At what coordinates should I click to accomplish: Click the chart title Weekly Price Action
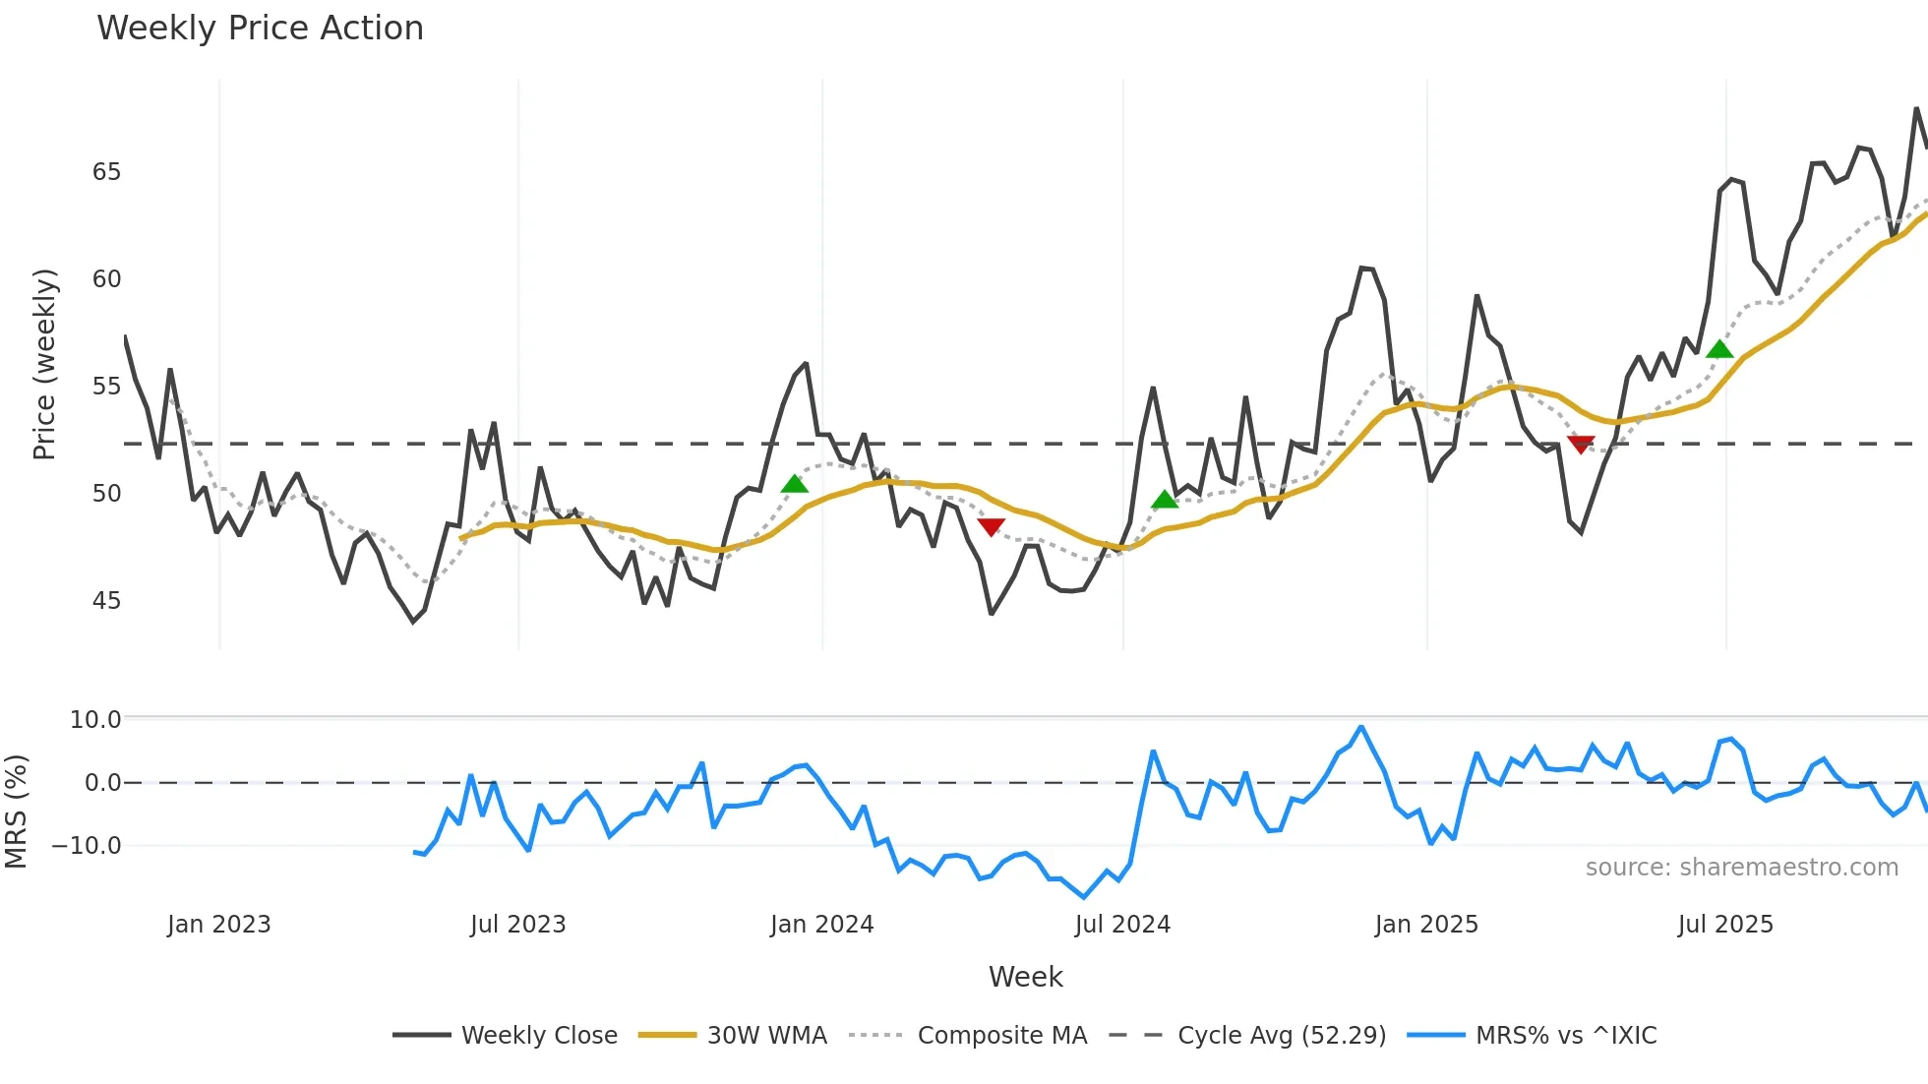[260, 29]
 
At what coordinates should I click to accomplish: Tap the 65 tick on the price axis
[106, 172]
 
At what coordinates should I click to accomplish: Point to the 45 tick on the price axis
[106, 601]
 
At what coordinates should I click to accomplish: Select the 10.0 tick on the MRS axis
[95, 720]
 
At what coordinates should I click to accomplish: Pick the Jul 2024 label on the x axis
[1122, 925]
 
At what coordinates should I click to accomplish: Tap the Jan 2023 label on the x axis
[218, 925]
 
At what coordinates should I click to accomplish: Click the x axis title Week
[1025, 977]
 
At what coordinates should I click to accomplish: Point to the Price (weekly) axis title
[44, 364]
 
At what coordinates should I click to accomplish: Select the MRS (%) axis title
[16, 812]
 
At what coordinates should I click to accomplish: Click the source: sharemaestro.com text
[1741, 868]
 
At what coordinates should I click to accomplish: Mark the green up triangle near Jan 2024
[794, 484]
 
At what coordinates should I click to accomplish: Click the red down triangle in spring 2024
[991, 527]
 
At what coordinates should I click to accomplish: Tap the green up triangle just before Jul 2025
[1718, 349]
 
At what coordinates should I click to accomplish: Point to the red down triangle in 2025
[1580, 445]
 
